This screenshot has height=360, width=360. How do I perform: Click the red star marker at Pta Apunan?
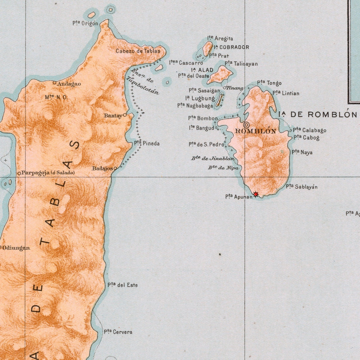click(x=256, y=194)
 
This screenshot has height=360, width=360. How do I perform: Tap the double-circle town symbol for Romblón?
click(x=246, y=124)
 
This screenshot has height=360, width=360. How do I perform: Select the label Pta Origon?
click(x=85, y=23)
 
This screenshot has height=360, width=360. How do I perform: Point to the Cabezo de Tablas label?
click(x=138, y=51)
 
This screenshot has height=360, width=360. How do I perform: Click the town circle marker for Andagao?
click(x=55, y=83)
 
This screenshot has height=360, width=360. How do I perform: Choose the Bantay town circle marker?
click(x=125, y=115)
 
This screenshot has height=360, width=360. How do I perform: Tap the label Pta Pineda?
click(x=147, y=144)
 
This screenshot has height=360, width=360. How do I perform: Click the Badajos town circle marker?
click(x=115, y=168)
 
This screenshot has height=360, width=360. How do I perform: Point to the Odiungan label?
click(x=16, y=248)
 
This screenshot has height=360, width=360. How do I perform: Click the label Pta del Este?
click(x=123, y=285)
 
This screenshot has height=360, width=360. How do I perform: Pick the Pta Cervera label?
click(x=118, y=332)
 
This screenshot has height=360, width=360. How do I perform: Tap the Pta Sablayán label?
click(x=302, y=187)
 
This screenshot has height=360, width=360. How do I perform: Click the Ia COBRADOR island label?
click(x=231, y=47)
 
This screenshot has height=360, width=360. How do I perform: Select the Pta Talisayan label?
click(x=241, y=64)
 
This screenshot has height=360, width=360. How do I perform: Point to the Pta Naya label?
click(x=302, y=152)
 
